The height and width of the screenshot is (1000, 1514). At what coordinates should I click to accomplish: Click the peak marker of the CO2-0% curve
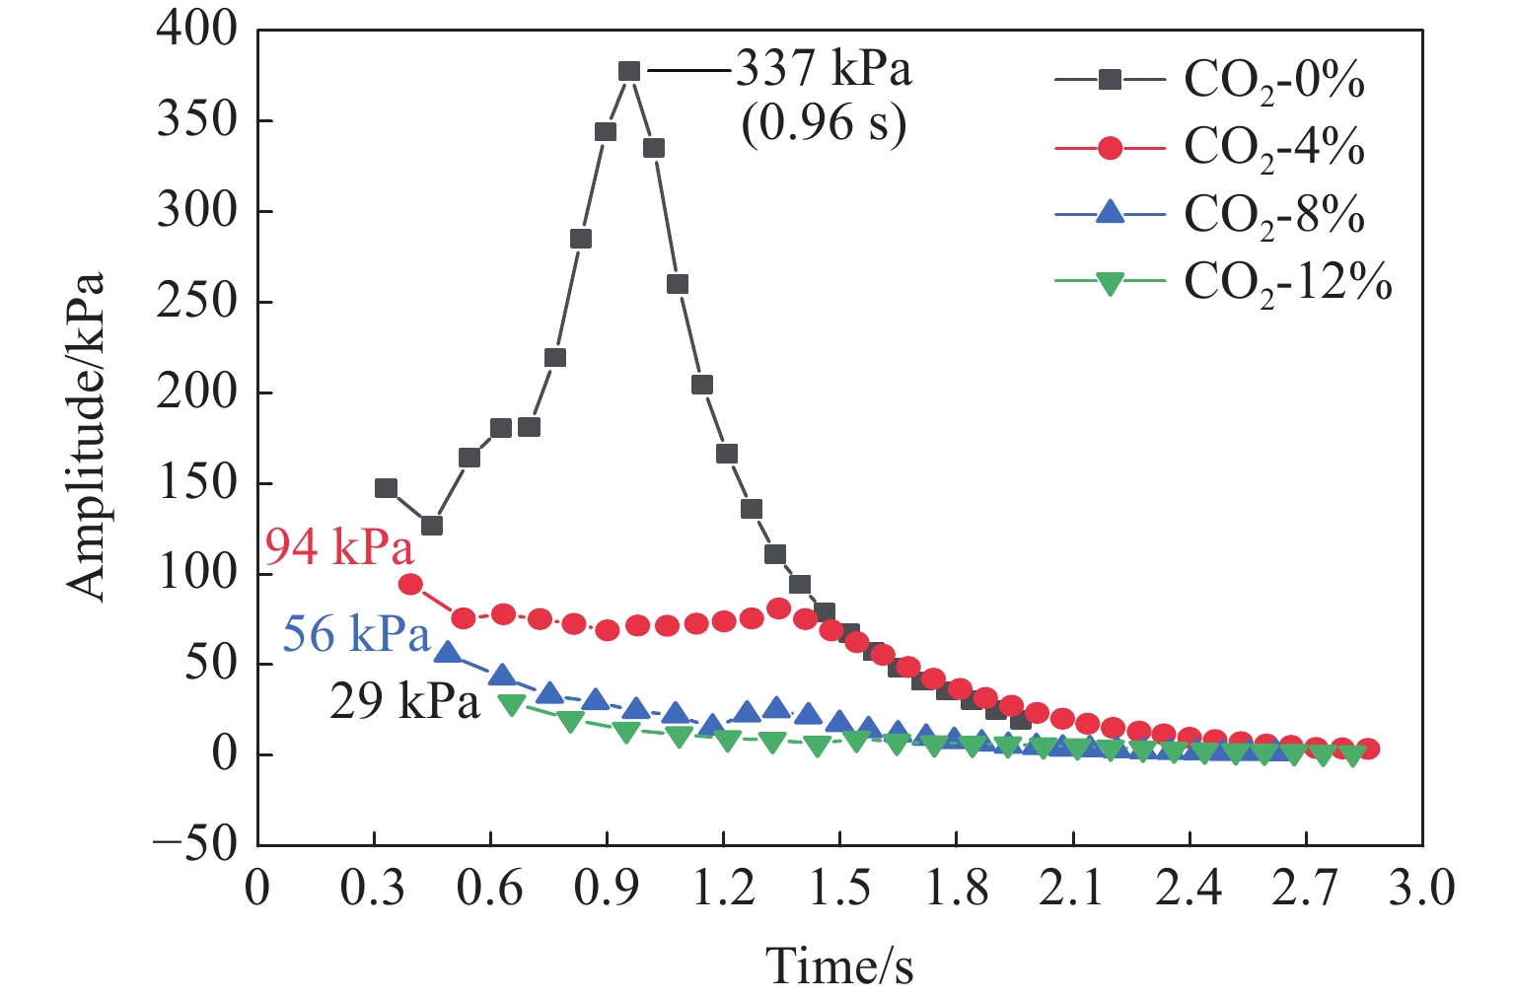(629, 71)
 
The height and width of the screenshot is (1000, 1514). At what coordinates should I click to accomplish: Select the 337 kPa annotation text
(824, 69)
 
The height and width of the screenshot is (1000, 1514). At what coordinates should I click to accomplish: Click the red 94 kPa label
(338, 546)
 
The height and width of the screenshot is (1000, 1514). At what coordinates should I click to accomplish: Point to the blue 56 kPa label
(356, 633)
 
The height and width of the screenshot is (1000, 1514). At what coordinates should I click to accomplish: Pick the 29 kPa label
(404, 701)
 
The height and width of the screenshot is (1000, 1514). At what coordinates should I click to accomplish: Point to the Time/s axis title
(839, 965)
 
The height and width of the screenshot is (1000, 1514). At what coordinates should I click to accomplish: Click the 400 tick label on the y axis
(197, 31)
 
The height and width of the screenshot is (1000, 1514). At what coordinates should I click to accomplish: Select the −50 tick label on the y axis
(195, 844)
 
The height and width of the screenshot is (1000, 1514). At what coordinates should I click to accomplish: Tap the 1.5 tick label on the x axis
(839, 889)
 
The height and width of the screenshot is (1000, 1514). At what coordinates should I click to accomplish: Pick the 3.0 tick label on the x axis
(1421, 889)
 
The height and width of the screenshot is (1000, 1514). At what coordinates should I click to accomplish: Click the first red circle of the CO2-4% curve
(410, 584)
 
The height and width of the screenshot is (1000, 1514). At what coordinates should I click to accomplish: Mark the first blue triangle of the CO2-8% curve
(448, 652)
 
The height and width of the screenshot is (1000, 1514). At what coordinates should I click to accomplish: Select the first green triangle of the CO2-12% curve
(511, 703)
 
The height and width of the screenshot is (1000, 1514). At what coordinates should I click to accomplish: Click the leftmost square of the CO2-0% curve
(386, 488)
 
